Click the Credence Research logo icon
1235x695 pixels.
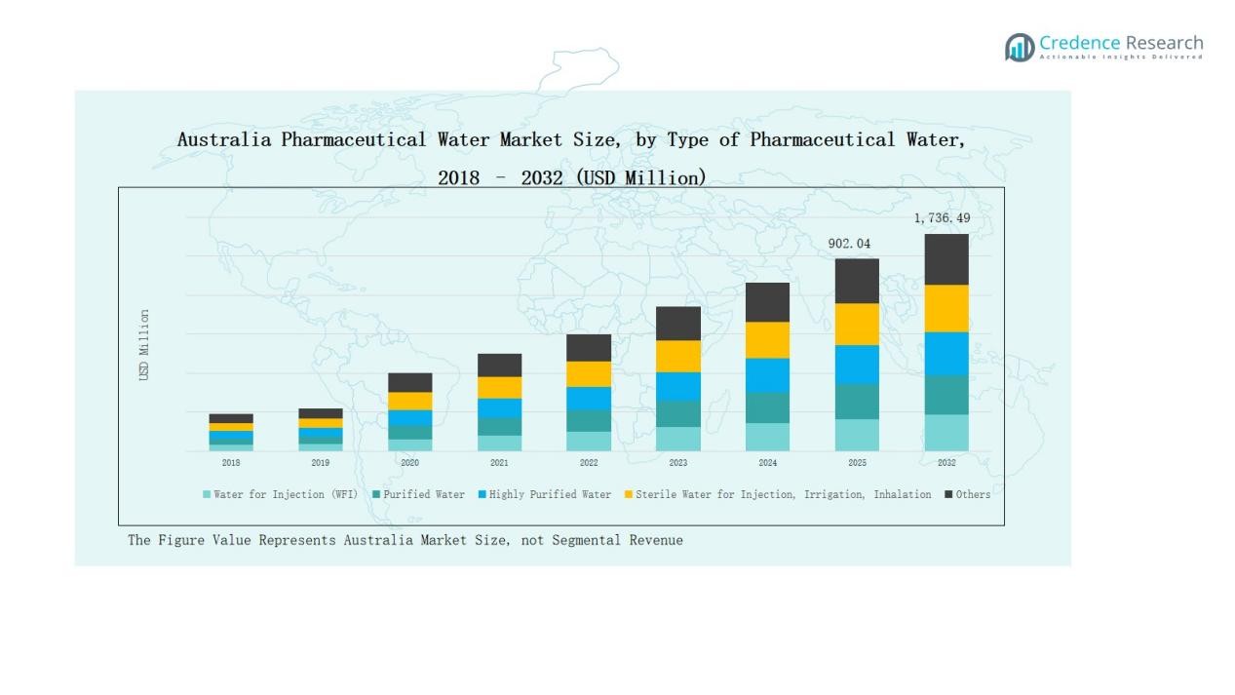click(1020, 47)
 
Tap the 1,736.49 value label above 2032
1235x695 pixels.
click(942, 218)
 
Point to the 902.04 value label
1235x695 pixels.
click(849, 244)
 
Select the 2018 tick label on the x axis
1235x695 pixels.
click(231, 463)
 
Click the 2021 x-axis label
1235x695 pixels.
click(499, 463)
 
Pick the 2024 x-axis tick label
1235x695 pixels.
click(767, 463)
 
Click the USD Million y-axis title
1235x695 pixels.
click(144, 345)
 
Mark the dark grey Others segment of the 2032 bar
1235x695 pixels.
click(946, 259)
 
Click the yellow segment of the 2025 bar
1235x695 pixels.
click(857, 324)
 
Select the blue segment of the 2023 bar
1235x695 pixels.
click(678, 386)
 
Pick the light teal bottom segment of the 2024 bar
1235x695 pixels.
click(767, 437)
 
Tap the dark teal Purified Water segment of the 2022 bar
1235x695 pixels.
click(589, 420)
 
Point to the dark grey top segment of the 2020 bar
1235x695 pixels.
click(410, 382)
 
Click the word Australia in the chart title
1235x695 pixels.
click(224, 139)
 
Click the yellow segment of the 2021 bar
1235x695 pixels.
click(499, 387)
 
